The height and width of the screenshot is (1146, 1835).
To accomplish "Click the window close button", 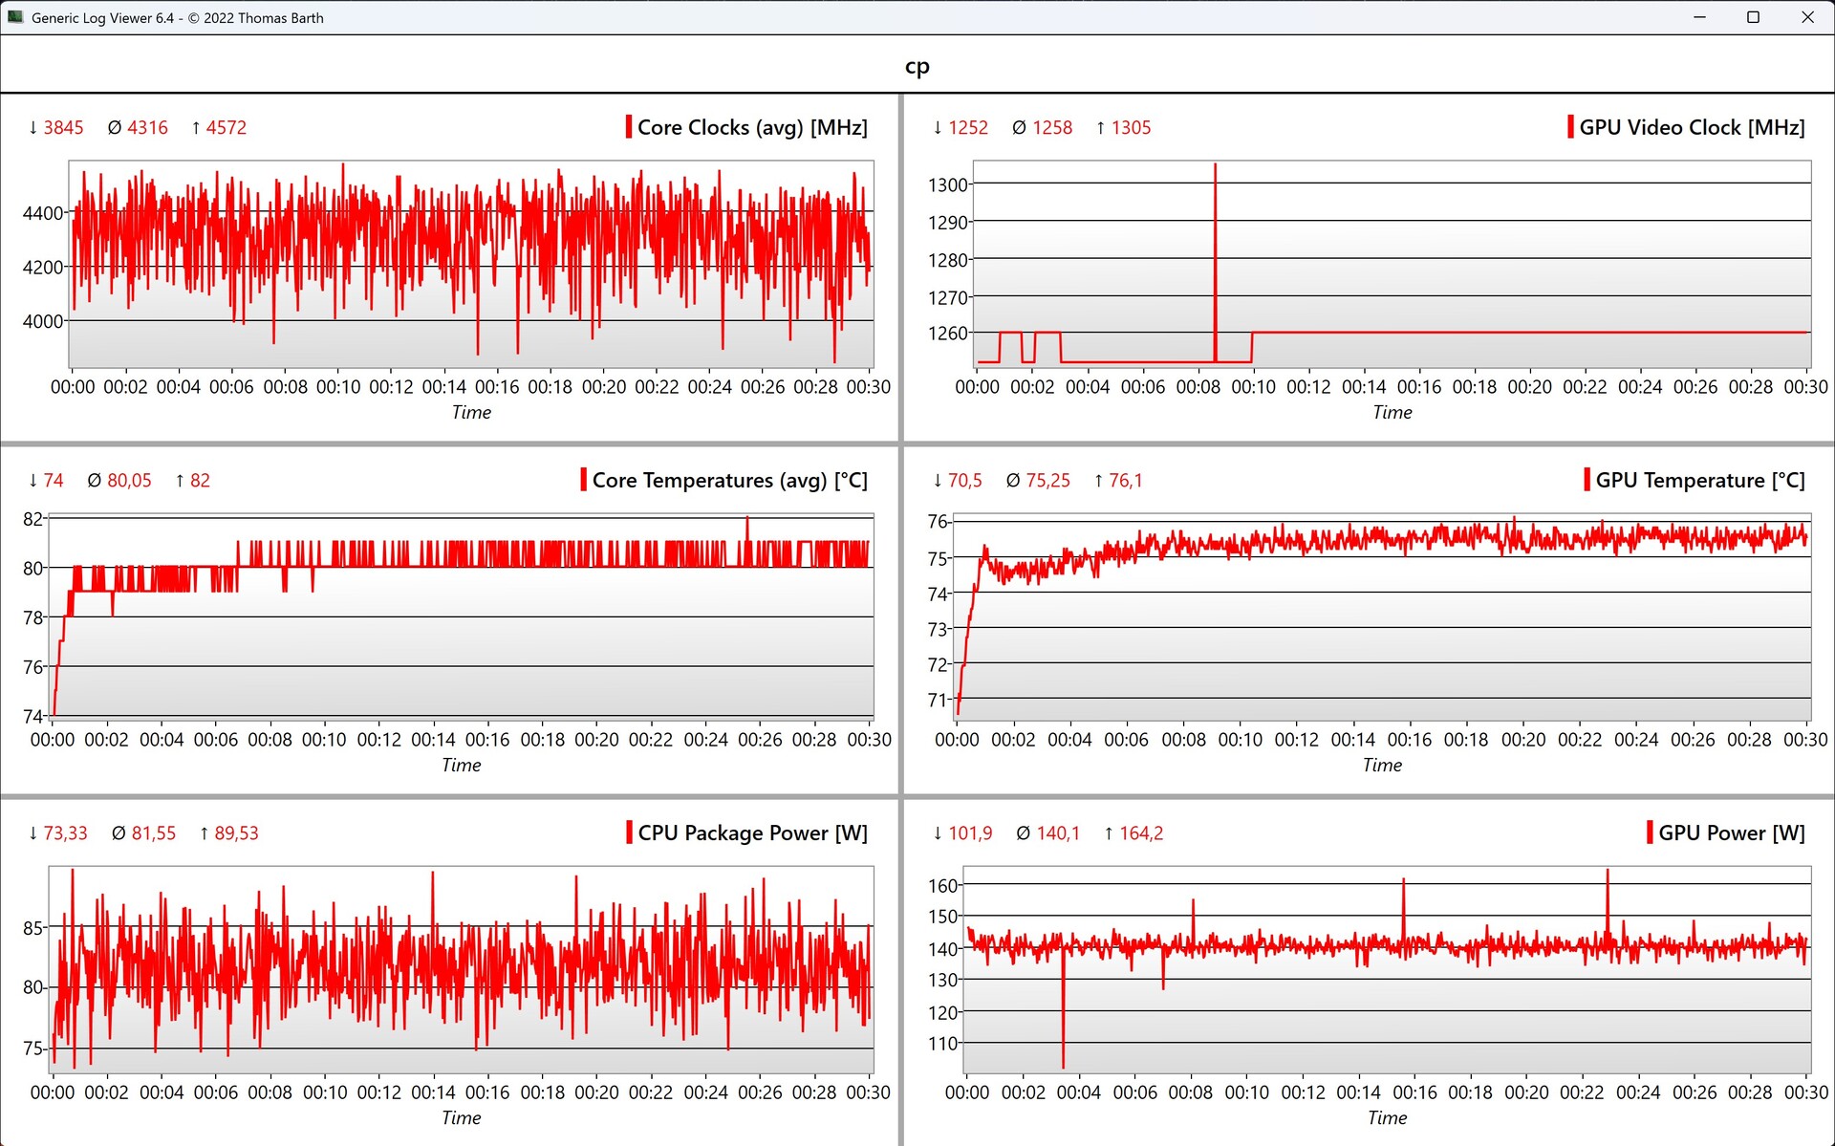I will click(x=1807, y=17).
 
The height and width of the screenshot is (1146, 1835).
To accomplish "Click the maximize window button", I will click(x=1753, y=17).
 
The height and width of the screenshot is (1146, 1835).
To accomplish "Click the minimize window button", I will click(x=1699, y=17).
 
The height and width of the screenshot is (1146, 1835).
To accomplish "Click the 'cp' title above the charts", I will click(x=917, y=66).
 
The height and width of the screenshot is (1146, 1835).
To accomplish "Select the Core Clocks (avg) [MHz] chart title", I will click(x=752, y=127).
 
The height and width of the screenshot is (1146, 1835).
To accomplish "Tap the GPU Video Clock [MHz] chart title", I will click(x=1692, y=127).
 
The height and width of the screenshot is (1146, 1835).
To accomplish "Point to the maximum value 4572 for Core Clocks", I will click(x=226, y=127).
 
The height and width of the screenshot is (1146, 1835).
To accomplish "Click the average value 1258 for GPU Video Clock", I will click(x=1051, y=127).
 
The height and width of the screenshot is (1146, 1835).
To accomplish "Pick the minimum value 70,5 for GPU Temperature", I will click(x=964, y=480).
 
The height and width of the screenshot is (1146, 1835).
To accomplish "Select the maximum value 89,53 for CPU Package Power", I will click(x=236, y=832).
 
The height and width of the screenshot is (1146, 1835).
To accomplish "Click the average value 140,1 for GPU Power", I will click(x=1058, y=832).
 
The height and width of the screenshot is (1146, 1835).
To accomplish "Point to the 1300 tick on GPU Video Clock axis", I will click(x=948, y=184).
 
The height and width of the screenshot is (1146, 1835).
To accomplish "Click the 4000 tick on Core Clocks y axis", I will click(x=43, y=321).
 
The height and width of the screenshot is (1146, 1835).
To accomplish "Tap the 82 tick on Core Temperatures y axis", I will click(x=33, y=519).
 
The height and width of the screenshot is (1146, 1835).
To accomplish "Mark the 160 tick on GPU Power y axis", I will click(x=943, y=885).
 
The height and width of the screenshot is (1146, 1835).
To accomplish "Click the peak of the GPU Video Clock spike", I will click(x=1215, y=165).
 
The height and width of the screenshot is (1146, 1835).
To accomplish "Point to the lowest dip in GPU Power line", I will click(x=1063, y=1066).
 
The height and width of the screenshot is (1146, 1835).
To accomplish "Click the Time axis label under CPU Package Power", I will click(x=461, y=1117).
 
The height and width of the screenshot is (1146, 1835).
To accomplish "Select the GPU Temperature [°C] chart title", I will click(x=1699, y=480).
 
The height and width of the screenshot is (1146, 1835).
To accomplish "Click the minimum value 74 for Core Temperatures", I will click(x=54, y=480).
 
